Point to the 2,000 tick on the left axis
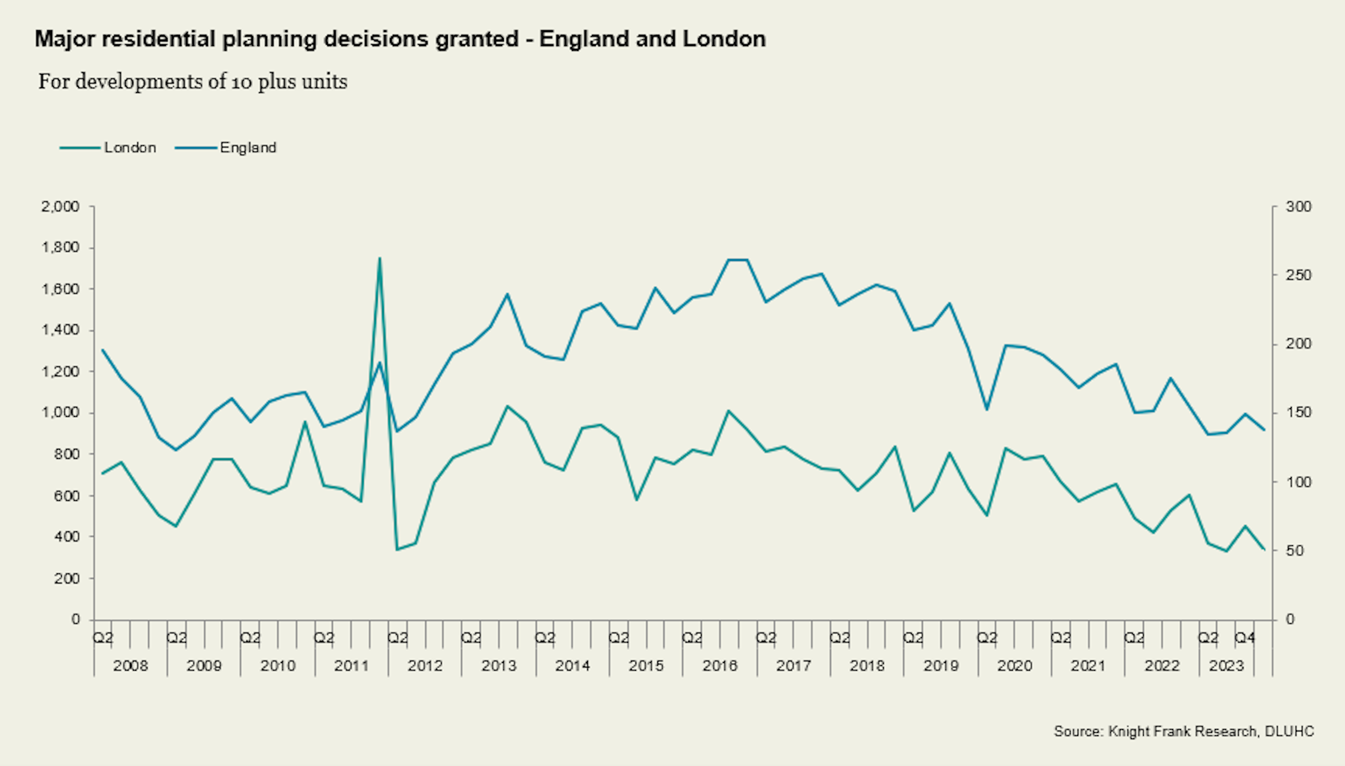(60, 207)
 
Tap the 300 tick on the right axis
(1298, 207)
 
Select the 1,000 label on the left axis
(60, 413)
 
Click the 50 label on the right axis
(1295, 551)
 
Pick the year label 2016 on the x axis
(720, 666)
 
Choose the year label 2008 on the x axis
(130, 666)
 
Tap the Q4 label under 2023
(1245, 638)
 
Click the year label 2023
(1226, 666)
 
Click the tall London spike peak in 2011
(379, 258)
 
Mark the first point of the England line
(103, 350)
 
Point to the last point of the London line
(1264, 550)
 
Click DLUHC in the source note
(1289, 731)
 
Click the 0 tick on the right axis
(1290, 619)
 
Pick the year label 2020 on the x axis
(1014, 666)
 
